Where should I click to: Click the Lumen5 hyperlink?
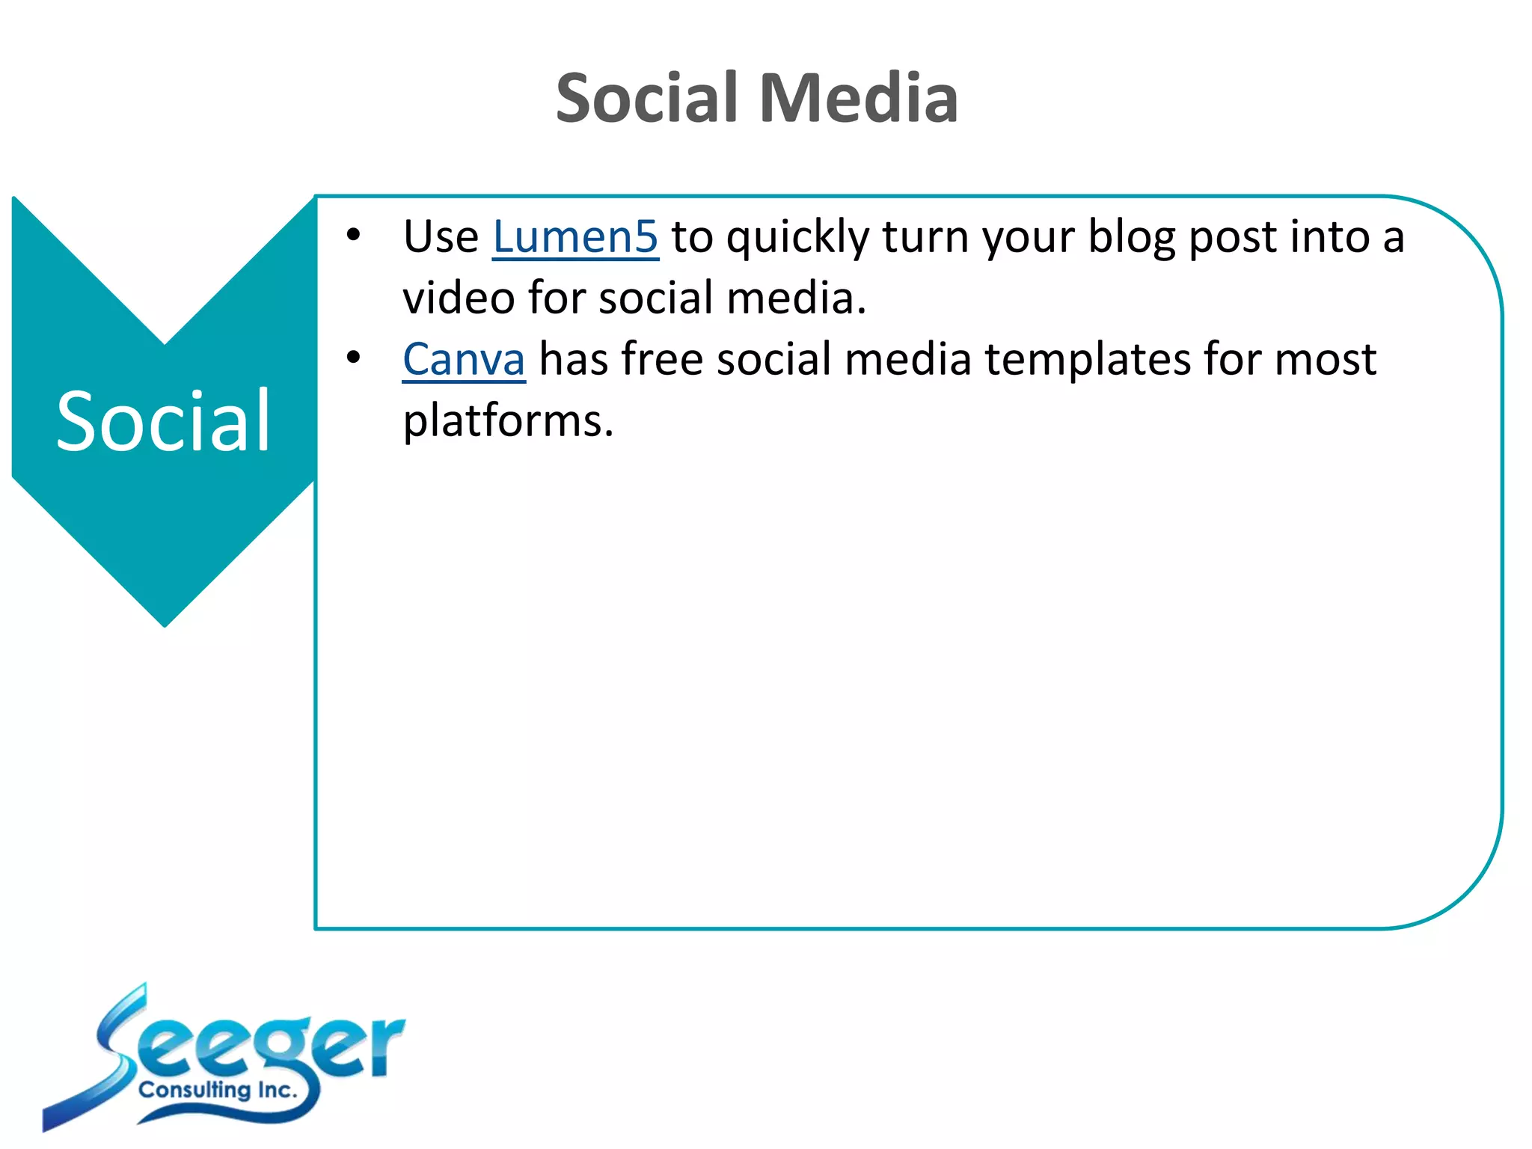(x=575, y=237)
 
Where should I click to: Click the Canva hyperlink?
(x=464, y=360)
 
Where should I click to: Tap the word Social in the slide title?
(x=647, y=99)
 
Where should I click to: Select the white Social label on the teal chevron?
(x=163, y=423)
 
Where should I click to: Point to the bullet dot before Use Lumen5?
(x=353, y=236)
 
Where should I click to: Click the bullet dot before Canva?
(x=353, y=358)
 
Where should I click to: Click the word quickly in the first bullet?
(x=797, y=239)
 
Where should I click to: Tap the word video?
(x=459, y=298)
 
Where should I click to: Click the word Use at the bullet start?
(x=441, y=237)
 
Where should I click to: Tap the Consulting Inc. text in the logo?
(x=218, y=1090)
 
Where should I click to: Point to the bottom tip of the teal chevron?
(x=165, y=623)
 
